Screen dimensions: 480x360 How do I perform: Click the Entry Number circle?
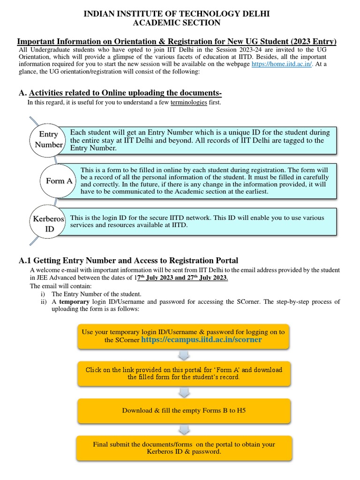(48, 140)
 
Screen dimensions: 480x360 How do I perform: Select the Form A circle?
(59, 181)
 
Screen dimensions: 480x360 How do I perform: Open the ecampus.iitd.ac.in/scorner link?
(201, 340)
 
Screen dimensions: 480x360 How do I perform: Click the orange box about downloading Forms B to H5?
(184, 410)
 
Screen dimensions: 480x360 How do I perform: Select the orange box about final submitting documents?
(184, 448)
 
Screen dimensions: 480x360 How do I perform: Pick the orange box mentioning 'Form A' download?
(184, 373)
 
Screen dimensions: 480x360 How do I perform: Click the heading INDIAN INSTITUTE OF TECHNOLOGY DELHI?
(176, 15)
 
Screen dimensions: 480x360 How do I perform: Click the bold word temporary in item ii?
(73, 301)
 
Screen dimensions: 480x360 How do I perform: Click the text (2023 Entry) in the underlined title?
(311, 42)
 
